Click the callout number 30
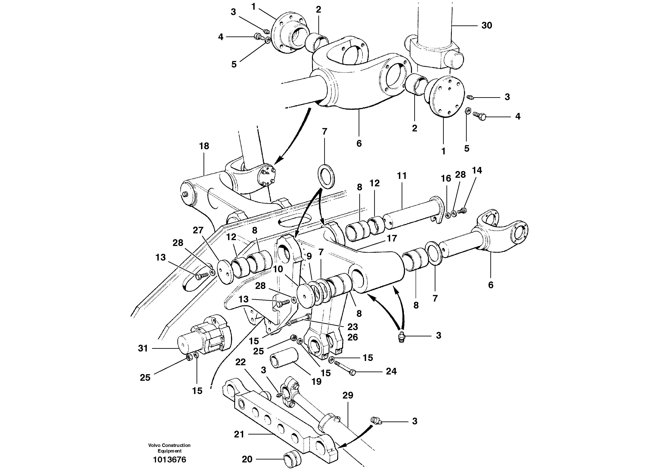pyautogui.click(x=487, y=26)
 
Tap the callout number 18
pyautogui.click(x=204, y=146)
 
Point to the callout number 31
pyautogui.click(x=143, y=348)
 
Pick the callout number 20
pyautogui.click(x=247, y=459)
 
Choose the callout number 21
pyautogui.click(x=239, y=434)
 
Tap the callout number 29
pyautogui.click(x=348, y=395)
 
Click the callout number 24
pyautogui.click(x=391, y=371)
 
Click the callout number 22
pyautogui.click(x=240, y=362)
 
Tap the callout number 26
pyautogui.click(x=353, y=337)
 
